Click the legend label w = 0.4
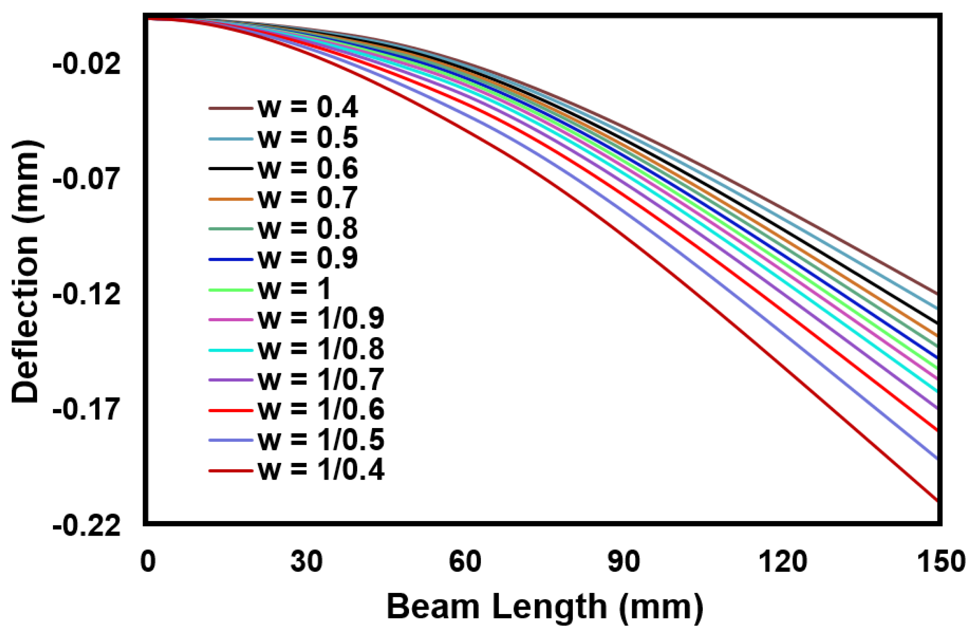[307, 107]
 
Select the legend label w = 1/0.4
[321, 470]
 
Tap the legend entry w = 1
[294, 289]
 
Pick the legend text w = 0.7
[307, 198]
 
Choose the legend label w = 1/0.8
[321, 349]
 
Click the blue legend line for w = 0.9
[230, 259]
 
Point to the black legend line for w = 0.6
[230, 168]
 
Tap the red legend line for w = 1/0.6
[230, 410]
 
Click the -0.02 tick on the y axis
[87, 65]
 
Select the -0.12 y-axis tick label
[87, 295]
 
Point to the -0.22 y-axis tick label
[87, 526]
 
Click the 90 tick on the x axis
[623, 562]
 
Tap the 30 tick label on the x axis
[307, 562]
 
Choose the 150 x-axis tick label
[941, 562]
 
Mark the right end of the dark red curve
[937, 501]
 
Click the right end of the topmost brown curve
[937, 294]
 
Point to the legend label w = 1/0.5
[321, 440]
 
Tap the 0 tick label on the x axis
[148, 562]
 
